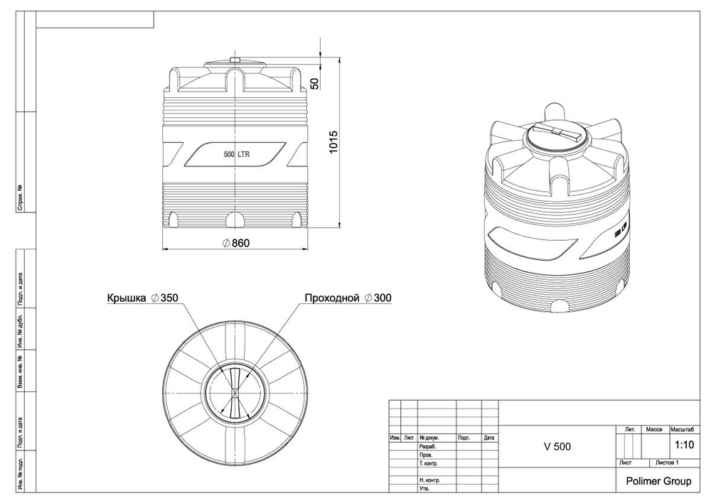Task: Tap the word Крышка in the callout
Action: (127, 298)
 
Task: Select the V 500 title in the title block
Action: (557, 447)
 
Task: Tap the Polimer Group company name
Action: (658, 481)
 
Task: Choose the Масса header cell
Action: (653, 430)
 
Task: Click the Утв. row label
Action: (424, 489)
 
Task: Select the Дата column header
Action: (489, 438)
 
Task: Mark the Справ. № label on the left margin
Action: (21, 198)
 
